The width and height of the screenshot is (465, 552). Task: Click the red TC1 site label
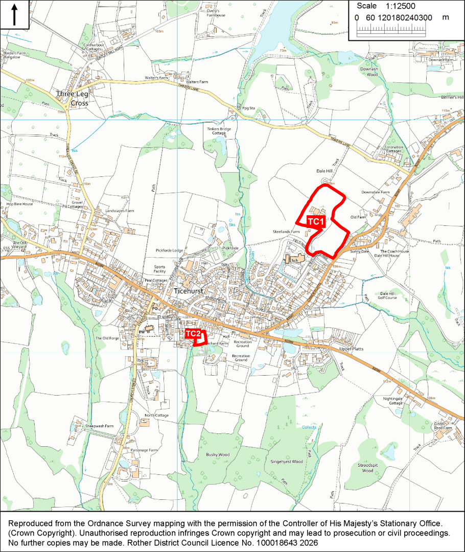tap(316, 221)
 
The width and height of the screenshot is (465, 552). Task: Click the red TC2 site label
tap(193, 334)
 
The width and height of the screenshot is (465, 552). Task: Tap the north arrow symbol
tap(14, 15)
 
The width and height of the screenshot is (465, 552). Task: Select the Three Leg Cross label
tap(72, 99)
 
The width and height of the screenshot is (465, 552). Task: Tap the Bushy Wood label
tap(218, 454)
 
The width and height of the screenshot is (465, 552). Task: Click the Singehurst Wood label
tap(287, 462)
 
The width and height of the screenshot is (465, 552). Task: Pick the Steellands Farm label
tap(286, 232)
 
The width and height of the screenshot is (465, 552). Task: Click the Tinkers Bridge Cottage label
tap(219, 131)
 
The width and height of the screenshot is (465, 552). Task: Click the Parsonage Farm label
tap(143, 450)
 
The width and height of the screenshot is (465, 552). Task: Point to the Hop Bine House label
tap(20, 204)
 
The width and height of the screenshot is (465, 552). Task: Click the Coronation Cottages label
tap(393, 149)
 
